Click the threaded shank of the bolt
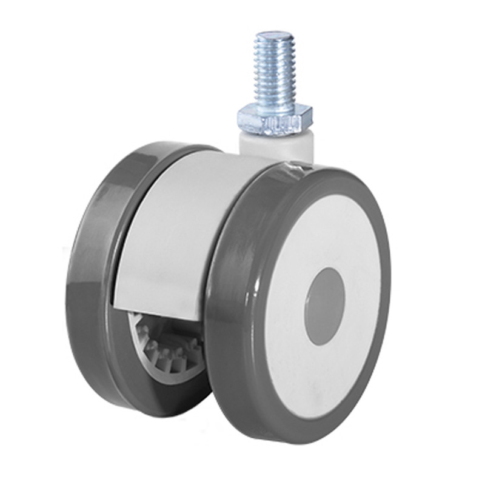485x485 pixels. coord(274,67)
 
